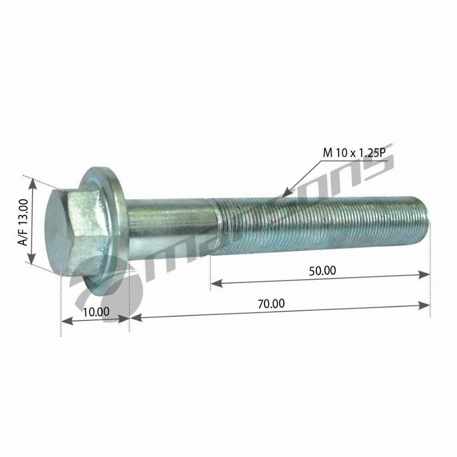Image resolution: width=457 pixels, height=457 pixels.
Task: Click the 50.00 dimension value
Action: point(322,271)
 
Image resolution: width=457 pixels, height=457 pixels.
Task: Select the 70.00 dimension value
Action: point(271,304)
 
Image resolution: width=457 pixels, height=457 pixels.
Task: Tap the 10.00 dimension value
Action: point(95,312)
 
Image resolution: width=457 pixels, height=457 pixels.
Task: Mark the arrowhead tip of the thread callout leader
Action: point(284,195)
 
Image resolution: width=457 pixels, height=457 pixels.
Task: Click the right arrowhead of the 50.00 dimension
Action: point(427,275)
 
